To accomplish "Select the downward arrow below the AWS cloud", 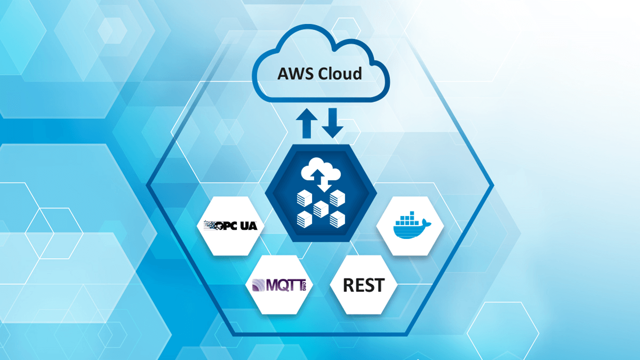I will [332, 122].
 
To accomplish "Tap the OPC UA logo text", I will [236, 225].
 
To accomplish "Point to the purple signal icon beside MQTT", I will [258, 285].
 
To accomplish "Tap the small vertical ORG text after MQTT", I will [303, 285].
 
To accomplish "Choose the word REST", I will [363, 285].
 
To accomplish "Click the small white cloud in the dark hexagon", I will [320, 172].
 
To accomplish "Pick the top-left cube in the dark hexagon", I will [304, 199].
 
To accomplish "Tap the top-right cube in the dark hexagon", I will [337, 199].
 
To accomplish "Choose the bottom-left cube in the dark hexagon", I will [304, 218].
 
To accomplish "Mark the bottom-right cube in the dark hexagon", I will [337, 218].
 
